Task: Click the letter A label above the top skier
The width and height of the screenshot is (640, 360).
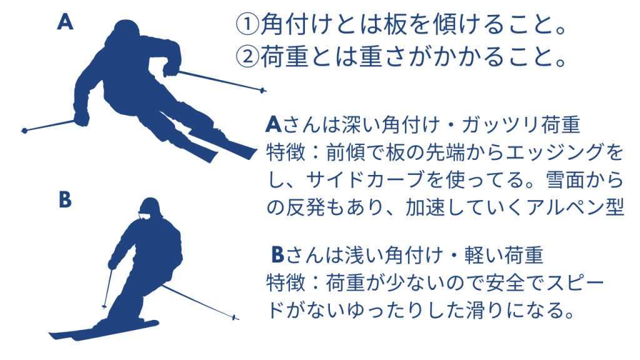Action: pos(65,22)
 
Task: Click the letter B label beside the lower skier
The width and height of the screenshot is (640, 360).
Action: pos(65,200)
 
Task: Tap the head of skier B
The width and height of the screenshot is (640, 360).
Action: pos(150,208)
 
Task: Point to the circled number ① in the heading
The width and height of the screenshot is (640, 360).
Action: pos(247,25)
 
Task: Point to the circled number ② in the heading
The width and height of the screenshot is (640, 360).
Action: pos(247,57)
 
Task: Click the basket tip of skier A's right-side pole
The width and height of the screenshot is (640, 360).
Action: pos(262,90)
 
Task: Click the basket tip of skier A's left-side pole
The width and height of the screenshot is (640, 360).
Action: pos(24,131)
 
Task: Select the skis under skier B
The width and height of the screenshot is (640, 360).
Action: pos(104,330)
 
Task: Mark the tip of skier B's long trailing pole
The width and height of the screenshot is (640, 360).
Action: pos(235,317)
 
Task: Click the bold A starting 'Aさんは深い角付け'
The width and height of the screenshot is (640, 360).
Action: pos(274,124)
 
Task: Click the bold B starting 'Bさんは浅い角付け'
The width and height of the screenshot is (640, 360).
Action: pos(277,255)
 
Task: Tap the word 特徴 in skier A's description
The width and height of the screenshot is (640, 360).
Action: pos(285,152)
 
